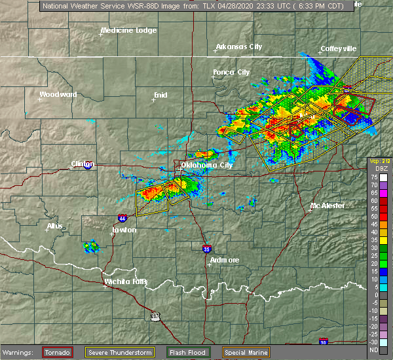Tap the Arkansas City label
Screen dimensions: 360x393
[x=238, y=47]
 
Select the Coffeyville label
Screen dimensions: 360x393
[x=338, y=49]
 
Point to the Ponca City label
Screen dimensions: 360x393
[x=231, y=72]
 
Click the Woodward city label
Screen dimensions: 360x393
[x=58, y=94]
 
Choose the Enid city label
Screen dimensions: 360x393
[x=160, y=95]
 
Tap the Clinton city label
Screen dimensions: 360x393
[x=83, y=164]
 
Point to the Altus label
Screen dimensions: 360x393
[x=55, y=226]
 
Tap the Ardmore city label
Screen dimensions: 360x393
[x=224, y=260]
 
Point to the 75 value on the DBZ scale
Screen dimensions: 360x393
[x=374, y=177]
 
